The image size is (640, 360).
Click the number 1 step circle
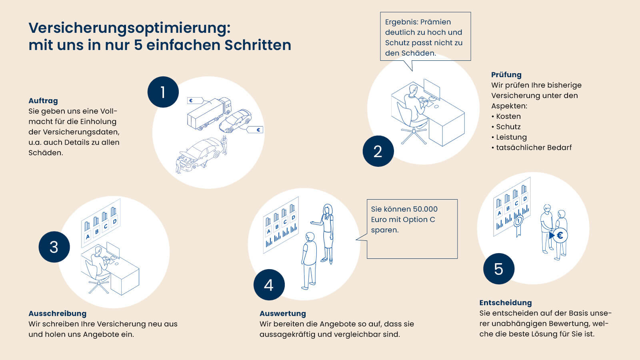[x=163, y=92]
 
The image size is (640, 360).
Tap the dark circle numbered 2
[x=378, y=151]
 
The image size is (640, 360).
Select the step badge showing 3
[x=54, y=247]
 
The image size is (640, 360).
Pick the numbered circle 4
[x=269, y=285]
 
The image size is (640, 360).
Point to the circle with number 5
[x=498, y=269]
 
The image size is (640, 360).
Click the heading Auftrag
[x=43, y=101]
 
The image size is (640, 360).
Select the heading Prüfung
[x=506, y=75]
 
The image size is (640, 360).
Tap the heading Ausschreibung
[x=57, y=314]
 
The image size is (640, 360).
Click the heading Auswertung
[x=282, y=314]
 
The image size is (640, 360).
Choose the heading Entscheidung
[x=505, y=303]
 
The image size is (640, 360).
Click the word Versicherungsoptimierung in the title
[x=129, y=28]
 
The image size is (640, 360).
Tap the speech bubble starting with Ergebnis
[x=425, y=37]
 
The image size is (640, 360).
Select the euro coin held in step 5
[x=560, y=236]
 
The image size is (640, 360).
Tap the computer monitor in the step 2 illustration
[x=432, y=89]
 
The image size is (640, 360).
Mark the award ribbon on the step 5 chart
[x=519, y=224]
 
